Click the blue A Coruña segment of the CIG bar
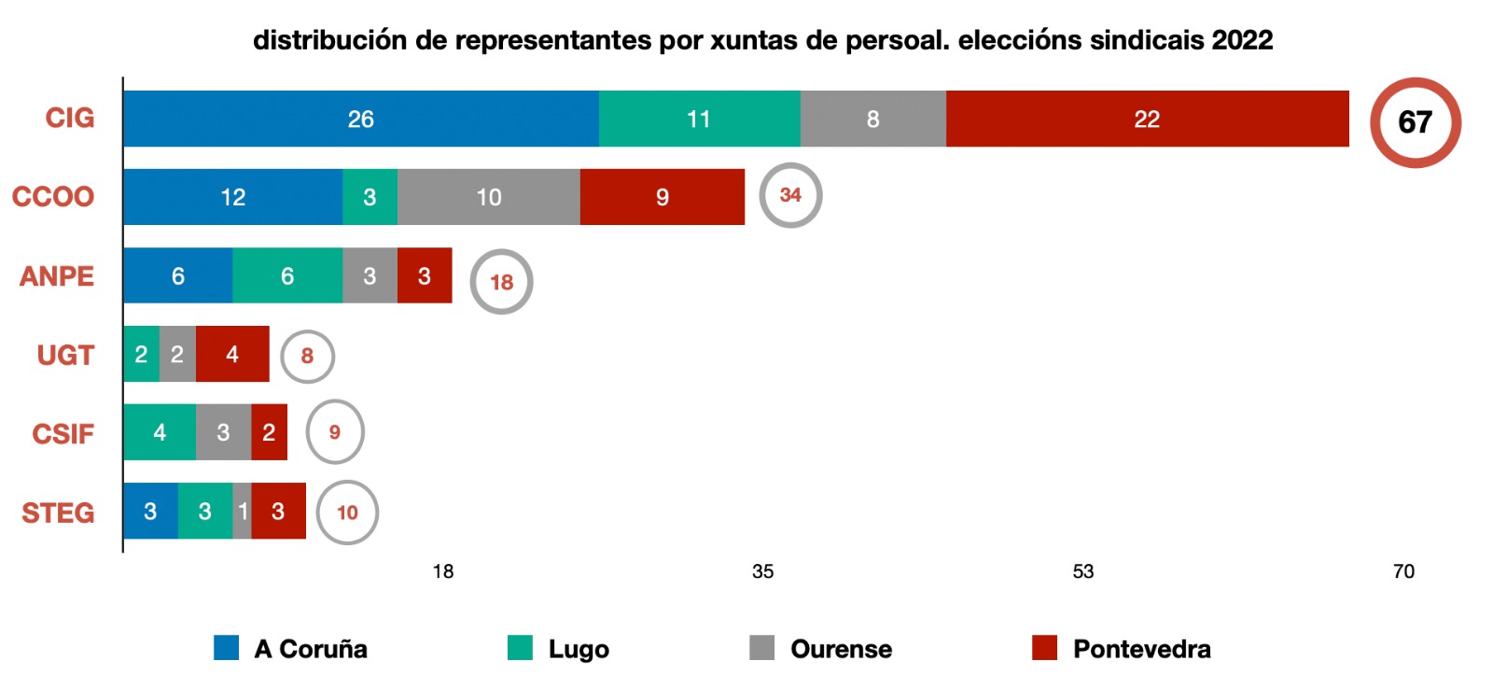pos(360,119)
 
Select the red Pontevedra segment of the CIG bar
pos(1147,119)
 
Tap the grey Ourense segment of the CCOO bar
pos(488,197)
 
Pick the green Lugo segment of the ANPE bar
pos(287,275)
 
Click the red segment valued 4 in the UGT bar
pos(232,354)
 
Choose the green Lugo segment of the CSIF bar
pos(160,432)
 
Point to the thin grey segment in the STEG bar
pos(243,511)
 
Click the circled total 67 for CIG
pos(1415,122)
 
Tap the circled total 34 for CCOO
pos(790,195)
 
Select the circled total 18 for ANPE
pos(501,282)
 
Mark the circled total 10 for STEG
pos(347,513)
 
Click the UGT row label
pos(65,355)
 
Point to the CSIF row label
pos(63,434)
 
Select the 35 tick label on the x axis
pos(762,571)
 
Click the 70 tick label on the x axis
pos(1403,571)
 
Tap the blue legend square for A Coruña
pos(226,648)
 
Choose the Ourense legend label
pos(841,649)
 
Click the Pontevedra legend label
pos(1141,649)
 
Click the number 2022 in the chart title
pos(1242,40)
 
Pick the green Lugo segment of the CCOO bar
pos(370,197)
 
